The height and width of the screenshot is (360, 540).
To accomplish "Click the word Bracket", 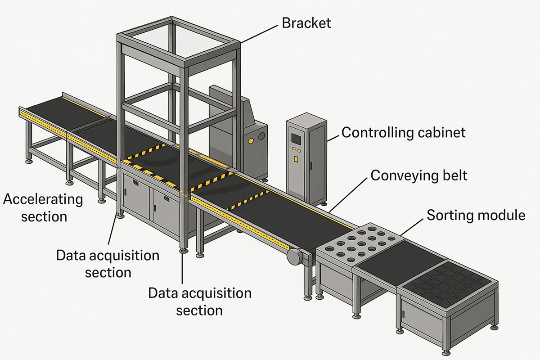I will [306, 22].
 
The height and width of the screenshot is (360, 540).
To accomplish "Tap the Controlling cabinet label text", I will [403, 133].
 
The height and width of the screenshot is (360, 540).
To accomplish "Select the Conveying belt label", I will [418, 175].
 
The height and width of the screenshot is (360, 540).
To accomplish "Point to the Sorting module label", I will [476, 215].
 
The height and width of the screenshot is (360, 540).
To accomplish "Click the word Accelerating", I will [43, 199].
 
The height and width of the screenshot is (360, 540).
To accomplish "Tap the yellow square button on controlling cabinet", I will [296, 158].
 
